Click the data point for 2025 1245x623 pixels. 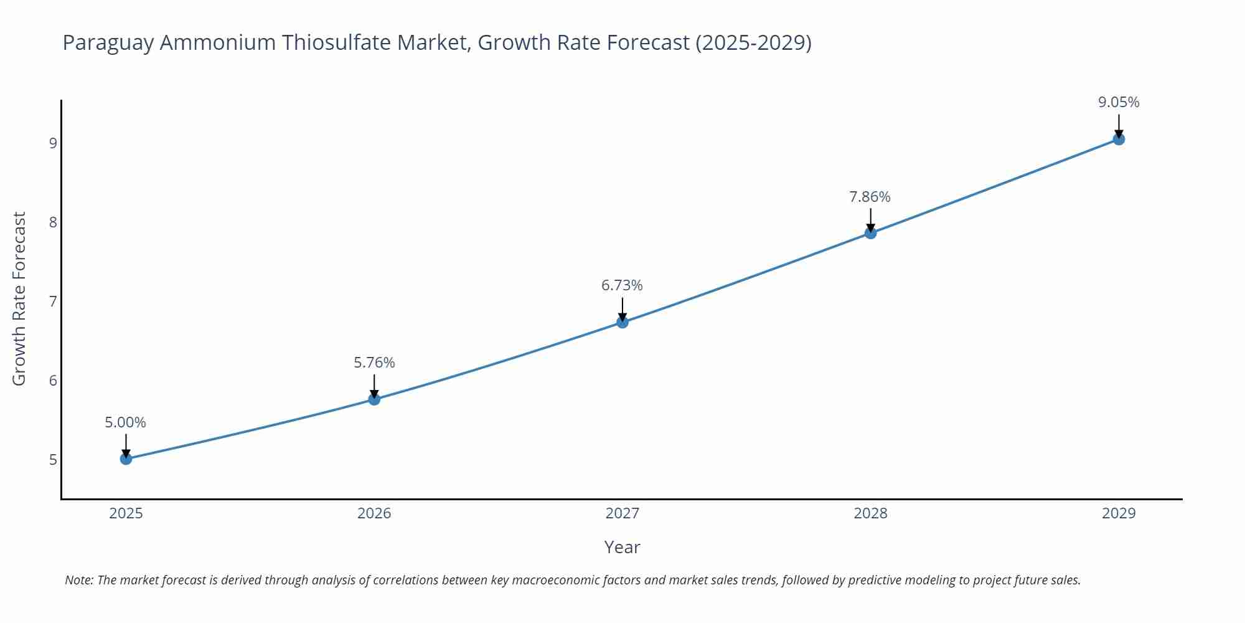pos(126,459)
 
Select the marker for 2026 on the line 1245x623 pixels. pos(374,399)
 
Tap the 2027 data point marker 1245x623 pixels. pos(622,322)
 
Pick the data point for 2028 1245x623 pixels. pos(870,233)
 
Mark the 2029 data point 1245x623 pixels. pos(1119,139)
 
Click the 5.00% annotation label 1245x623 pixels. pos(125,422)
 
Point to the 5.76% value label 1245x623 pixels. pos(374,363)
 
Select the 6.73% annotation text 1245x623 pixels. pos(622,285)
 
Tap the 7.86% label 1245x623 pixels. pos(870,197)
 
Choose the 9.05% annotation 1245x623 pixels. pos(1119,102)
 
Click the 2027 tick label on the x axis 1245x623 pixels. pos(622,513)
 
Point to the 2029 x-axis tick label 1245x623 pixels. pos(1119,513)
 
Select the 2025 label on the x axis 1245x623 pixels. pos(126,513)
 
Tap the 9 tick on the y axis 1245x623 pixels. pos(53,143)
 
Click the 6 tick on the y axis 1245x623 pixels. pos(53,381)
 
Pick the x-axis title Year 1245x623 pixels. pos(622,547)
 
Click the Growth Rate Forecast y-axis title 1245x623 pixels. pos(19,299)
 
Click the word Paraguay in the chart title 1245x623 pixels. pos(107,43)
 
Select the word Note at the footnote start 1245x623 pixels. pos(78,580)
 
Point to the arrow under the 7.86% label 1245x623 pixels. pos(870,219)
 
